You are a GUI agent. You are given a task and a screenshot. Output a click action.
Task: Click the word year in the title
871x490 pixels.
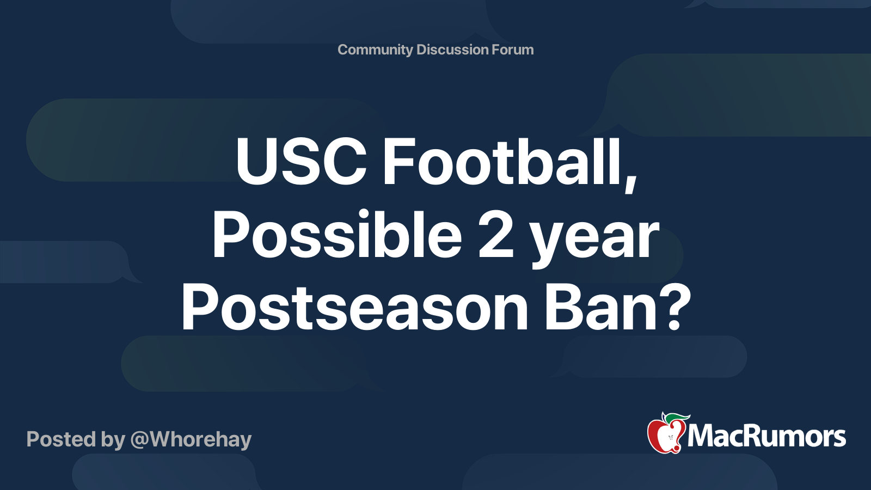[x=596, y=242]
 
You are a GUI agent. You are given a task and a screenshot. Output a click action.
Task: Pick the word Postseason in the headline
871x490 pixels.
[x=354, y=308]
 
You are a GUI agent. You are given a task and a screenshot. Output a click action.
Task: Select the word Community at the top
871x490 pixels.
[x=375, y=50]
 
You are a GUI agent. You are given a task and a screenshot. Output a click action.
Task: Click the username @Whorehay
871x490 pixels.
[x=191, y=440]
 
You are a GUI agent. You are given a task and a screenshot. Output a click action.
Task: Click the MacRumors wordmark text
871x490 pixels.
[x=766, y=436]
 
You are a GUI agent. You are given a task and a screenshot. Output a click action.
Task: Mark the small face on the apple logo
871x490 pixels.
[x=670, y=438]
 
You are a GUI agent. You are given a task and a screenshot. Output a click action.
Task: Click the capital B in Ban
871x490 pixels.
[x=562, y=308]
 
